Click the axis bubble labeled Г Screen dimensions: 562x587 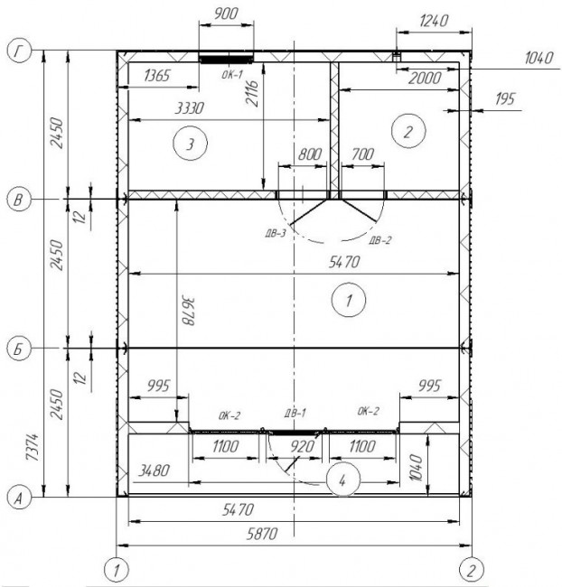19,51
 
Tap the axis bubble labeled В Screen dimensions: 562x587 19,200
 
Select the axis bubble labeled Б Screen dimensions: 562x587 19,349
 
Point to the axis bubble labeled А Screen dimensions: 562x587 19,498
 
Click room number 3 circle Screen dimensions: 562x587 191,144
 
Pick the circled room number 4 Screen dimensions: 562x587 342,480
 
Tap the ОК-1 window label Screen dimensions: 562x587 232,74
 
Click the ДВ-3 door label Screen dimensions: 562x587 276,234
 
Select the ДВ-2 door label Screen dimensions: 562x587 379,239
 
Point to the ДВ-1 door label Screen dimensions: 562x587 295,413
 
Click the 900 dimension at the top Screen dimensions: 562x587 226,14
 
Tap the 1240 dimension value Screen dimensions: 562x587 434,21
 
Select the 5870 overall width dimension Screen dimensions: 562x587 262,534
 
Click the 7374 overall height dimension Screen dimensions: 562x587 33,447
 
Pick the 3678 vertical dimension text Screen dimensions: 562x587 188,312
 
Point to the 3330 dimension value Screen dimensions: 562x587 190,108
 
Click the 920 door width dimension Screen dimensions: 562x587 303,446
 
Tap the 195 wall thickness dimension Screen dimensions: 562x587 505,99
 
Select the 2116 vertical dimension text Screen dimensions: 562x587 253,93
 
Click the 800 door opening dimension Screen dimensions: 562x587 310,154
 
